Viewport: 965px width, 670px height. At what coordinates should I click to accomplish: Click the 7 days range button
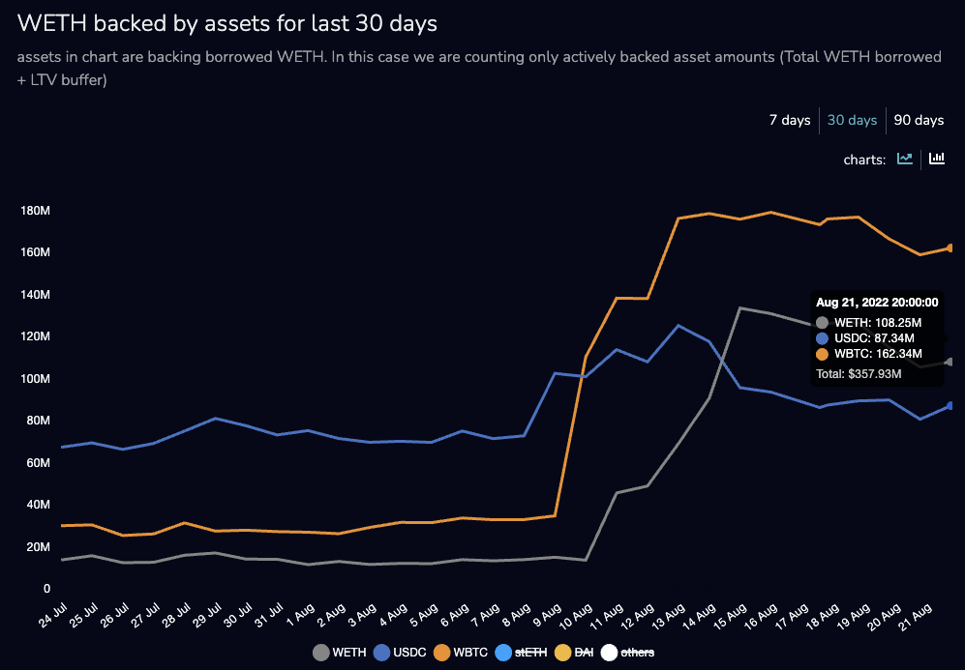[790, 121]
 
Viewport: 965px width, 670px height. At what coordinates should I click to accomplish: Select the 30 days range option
[853, 121]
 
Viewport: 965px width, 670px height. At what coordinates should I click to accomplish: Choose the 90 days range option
[919, 121]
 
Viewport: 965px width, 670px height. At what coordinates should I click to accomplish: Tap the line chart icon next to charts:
[905, 159]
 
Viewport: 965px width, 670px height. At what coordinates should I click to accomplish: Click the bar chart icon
[936, 159]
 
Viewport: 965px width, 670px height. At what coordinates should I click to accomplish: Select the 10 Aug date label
[576, 616]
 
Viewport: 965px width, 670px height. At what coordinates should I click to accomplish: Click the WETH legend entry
[340, 653]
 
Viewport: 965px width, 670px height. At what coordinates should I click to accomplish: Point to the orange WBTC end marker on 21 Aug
[950, 248]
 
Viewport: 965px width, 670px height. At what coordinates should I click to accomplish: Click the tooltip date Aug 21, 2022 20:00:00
[877, 303]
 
